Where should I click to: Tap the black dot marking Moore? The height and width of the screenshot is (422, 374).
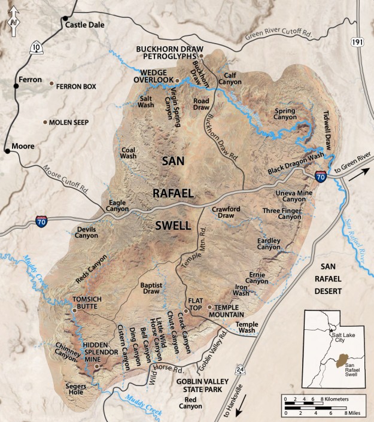coord(7,151)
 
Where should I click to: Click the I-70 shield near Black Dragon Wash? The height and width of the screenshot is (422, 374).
coord(321,175)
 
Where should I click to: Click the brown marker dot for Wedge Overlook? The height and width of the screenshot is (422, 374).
coord(177,80)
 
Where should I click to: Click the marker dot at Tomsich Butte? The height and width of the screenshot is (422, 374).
coord(74,311)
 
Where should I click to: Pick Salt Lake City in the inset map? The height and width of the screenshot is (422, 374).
coord(330,330)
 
